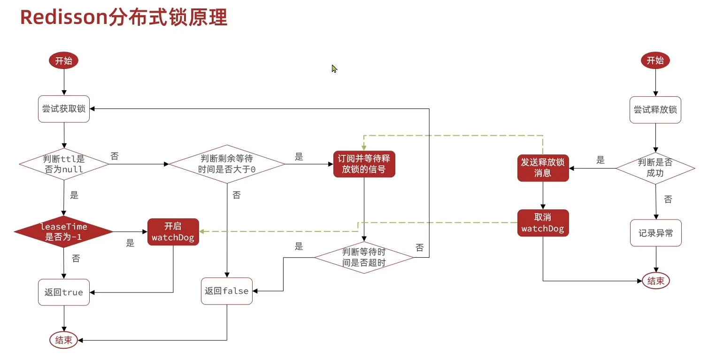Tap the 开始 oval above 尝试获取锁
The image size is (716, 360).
pos(63,61)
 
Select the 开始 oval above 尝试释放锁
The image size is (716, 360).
pos(655,61)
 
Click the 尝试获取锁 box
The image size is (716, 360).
pos(63,109)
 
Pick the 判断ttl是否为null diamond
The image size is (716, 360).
pos(64,164)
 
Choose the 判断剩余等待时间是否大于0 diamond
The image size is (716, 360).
pos(227,164)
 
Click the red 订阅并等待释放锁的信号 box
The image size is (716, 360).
pos(364,164)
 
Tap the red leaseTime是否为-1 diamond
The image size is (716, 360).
pos(64,232)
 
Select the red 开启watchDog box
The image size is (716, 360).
pos(173,232)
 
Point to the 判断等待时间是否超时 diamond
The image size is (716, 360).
pos(364,257)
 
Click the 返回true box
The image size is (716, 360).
pos(63,292)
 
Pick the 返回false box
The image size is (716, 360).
pos(227,291)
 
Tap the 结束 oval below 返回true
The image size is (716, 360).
pos(63,340)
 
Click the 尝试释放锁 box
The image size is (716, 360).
pos(655,110)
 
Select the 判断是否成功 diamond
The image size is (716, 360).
pos(655,168)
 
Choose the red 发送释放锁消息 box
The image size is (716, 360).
pos(543,168)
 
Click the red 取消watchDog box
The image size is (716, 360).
pos(543,222)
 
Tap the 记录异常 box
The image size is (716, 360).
pos(655,233)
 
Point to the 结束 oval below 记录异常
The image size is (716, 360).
pos(655,281)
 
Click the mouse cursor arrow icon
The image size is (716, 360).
pos(334,69)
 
